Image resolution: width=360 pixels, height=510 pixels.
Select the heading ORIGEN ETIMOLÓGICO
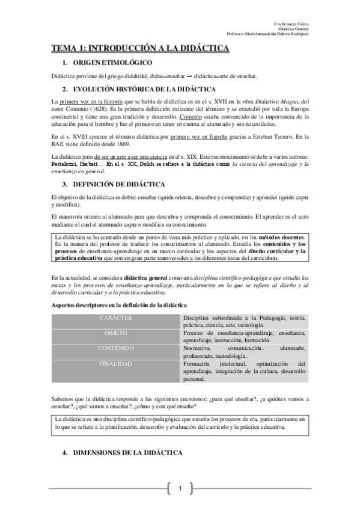(x=111, y=63)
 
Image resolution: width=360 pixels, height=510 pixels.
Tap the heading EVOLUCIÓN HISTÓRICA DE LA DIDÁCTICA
(x=142, y=89)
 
